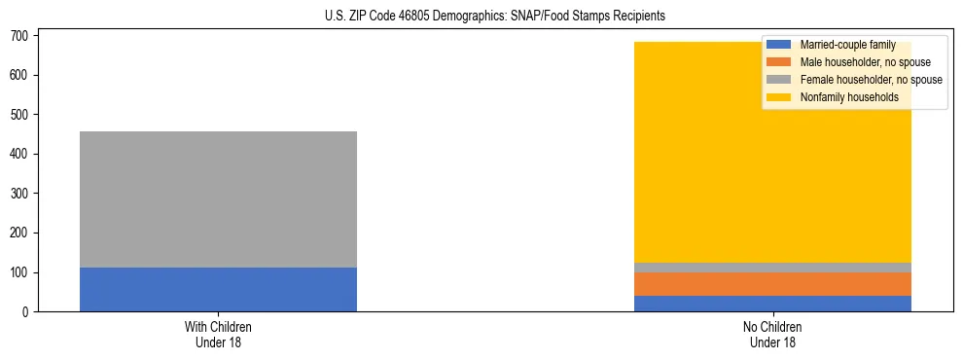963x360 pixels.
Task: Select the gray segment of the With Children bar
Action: point(218,199)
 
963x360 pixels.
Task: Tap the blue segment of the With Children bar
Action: point(218,289)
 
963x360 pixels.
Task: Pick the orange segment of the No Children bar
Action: point(772,283)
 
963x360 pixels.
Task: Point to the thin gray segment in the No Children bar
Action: point(772,267)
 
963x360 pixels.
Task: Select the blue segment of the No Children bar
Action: point(772,304)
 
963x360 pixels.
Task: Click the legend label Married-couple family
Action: point(847,46)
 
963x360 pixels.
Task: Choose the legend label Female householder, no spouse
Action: point(871,80)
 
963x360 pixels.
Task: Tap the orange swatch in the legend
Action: point(779,62)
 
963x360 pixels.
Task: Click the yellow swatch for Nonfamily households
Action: point(779,97)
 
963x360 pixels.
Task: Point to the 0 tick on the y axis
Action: point(25,312)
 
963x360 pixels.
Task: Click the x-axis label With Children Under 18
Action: point(218,335)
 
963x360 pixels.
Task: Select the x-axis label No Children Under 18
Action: point(772,335)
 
